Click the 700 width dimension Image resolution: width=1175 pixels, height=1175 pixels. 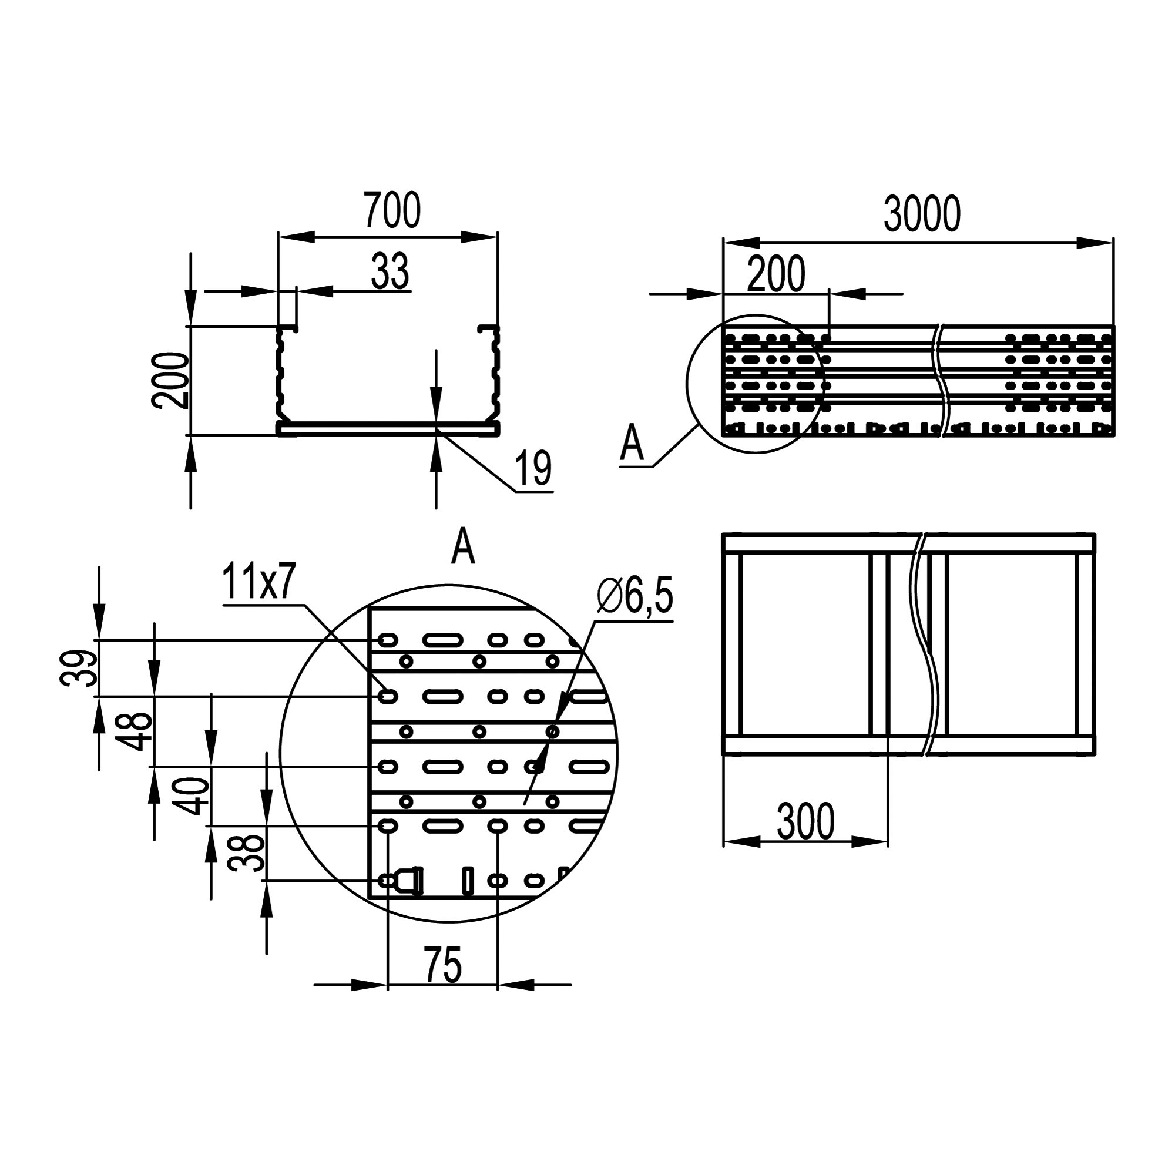[x=392, y=210]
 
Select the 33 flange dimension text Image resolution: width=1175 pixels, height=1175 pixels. [x=390, y=271]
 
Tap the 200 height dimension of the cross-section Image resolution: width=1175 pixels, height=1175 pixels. [x=170, y=380]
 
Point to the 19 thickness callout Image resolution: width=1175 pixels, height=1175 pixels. [x=533, y=468]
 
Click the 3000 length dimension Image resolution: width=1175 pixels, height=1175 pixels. [x=921, y=214]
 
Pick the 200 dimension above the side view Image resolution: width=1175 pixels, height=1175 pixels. [x=776, y=274]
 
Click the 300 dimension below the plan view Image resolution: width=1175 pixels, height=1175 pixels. [x=805, y=822]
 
